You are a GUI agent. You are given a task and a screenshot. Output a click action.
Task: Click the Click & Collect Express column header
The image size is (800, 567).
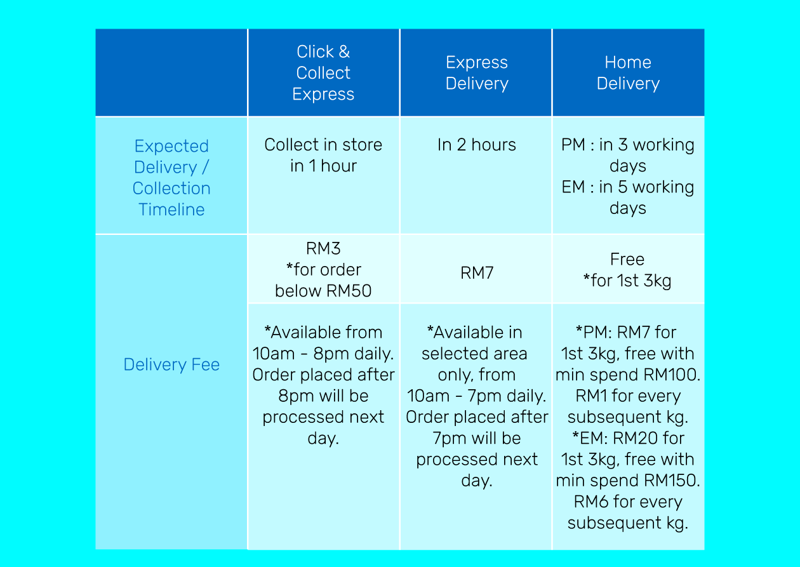click(x=323, y=73)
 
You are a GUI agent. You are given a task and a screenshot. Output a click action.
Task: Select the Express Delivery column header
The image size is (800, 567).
click(x=477, y=73)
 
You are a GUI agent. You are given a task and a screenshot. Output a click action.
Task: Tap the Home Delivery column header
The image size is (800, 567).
click(x=628, y=73)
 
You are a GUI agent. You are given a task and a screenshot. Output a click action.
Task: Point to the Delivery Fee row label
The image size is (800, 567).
click(x=171, y=364)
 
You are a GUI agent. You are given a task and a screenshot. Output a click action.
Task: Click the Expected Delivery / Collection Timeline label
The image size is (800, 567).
click(x=171, y=177)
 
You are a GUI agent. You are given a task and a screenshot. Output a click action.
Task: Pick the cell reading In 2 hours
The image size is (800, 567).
click(x=477, y=145)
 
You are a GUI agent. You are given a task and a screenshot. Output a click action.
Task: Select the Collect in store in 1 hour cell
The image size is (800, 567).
click(x=323, y=156)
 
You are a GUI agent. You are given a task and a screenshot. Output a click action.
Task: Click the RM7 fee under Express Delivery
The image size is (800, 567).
click(x=477, y=273)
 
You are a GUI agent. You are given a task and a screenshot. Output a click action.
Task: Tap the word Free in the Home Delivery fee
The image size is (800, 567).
click(x=627, y=259)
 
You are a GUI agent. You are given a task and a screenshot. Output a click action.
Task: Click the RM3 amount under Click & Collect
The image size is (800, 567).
click(x=323, y=248)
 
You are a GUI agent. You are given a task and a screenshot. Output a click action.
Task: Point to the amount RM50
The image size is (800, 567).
click(x=349, y=291)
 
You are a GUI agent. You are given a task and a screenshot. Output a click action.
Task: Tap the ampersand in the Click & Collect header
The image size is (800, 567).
click(x=344, y=52)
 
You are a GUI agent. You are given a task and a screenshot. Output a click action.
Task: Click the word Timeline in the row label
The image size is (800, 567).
click(x=171, y=210)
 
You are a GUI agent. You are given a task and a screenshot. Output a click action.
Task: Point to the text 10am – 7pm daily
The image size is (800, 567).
click(x=477, y=396)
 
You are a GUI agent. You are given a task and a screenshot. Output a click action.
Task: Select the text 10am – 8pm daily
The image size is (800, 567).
click(x=323, y=354)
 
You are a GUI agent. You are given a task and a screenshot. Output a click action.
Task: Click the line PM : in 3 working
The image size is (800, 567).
click(x=628, y=145)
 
